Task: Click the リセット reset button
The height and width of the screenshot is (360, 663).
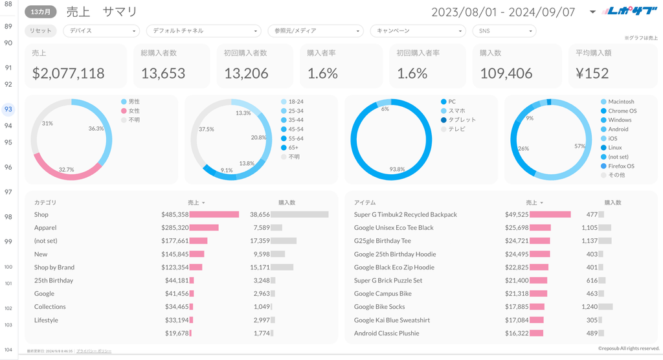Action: click(x=41, y=31)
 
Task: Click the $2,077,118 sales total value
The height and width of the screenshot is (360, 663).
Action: click(x=69, y=74)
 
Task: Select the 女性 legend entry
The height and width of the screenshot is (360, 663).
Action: click(x=134, y=111)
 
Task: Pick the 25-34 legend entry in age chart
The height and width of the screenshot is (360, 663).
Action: click(x=295, y=111)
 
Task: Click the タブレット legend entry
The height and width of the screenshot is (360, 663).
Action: click(x=462, y=120)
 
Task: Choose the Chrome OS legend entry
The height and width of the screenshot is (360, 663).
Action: click(x=622, y=111)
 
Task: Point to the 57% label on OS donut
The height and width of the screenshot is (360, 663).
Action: click(x=579, y=146)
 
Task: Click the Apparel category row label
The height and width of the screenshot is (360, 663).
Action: click(x=45, y=228)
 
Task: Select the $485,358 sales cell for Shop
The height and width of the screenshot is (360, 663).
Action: click(x=175, y=214)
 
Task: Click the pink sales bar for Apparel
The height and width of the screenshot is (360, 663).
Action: click(x=204, y=228)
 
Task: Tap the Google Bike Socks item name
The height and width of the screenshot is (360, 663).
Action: click(x=379, y=307)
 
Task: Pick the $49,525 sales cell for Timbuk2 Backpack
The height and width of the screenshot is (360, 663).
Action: click(x=517, y=214)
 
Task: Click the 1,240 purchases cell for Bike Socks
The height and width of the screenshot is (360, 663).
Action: click(x=589, y=307)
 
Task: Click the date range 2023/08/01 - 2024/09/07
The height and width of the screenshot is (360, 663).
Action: click(x=503, y=12)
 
